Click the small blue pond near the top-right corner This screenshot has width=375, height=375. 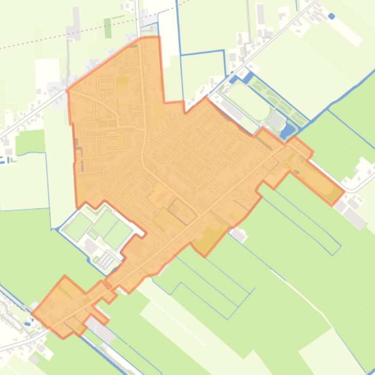point(332,16)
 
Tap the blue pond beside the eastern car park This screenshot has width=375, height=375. point(288,116)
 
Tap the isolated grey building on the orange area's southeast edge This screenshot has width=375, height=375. point(238,235)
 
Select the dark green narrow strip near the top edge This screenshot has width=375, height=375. point(107,28)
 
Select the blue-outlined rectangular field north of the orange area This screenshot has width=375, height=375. point(203,73)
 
